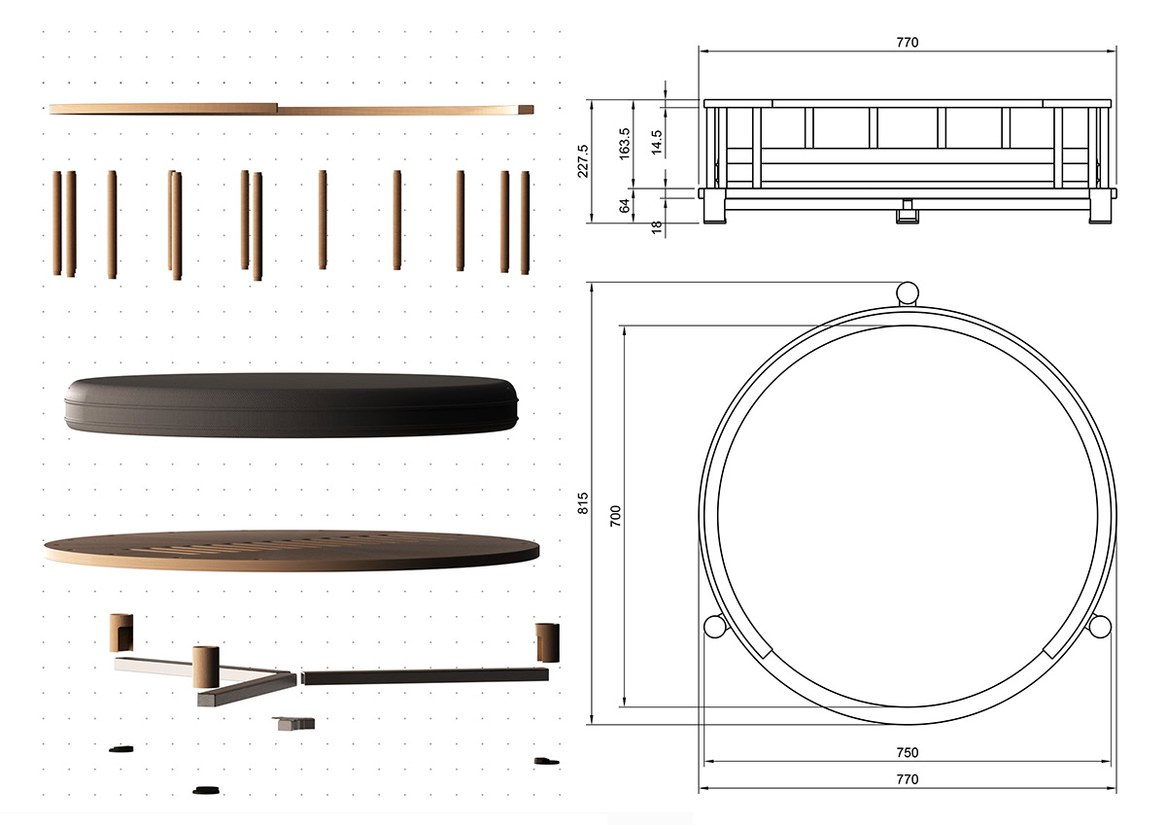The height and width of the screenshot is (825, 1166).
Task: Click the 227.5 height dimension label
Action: tap(583, 161)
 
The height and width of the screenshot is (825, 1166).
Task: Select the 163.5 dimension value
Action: tap(625, 143)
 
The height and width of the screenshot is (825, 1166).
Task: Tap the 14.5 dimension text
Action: tap(657, 143)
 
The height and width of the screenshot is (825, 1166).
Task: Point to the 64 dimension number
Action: tap(625, 205)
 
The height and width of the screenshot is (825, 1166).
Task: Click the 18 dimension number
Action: tap(657, 226)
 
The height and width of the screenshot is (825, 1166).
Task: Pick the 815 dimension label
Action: tap(583, 502)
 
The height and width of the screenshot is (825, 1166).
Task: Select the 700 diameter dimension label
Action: tap(614, 515)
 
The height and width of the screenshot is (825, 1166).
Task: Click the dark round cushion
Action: tap(291, 404)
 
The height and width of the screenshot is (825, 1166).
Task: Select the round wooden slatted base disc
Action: tap(291, 550)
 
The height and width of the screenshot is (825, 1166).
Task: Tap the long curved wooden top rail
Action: tap(291, 109)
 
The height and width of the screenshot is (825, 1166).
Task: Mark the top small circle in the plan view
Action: tap(909, 292)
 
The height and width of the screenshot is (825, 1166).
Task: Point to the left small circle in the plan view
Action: tap(715, 627)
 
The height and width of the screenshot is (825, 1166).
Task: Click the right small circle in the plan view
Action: tap(1099, 627)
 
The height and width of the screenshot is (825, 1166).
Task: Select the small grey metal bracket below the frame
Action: tap(294, 722)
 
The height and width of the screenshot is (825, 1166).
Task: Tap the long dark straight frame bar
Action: tap(426, 674)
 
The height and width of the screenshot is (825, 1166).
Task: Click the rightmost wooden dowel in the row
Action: tap(525, 223)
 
